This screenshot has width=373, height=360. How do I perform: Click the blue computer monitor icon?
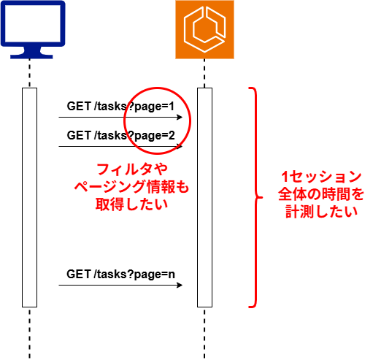(33, 29)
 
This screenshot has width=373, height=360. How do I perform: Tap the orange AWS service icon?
(204, 29)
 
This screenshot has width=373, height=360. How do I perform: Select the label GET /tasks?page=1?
(120, 107)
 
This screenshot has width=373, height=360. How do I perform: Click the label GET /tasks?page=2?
(120, 136)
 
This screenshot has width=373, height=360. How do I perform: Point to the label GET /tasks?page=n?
(120, 275)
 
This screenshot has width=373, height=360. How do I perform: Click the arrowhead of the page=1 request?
(180, 118)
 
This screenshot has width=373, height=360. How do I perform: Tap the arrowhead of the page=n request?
(180, 285)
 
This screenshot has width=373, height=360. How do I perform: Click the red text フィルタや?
(132, 169)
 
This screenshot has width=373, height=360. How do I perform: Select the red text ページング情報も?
(131, 187)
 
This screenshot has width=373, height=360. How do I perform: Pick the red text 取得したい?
(131, 204)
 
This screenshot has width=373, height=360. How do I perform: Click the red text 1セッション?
(321, 177)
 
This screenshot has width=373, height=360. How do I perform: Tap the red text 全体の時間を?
(321, 194)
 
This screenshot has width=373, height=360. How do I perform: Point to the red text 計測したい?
(321, 212)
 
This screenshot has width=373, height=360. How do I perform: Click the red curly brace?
(255, 197)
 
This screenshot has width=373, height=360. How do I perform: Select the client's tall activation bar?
(30, 197)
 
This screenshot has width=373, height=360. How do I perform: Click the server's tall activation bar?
(204, 197)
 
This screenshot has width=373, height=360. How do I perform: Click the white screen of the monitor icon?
(33, 23)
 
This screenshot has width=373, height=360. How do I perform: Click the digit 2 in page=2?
(172, 135)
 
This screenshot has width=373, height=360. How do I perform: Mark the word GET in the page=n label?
(79, 274)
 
